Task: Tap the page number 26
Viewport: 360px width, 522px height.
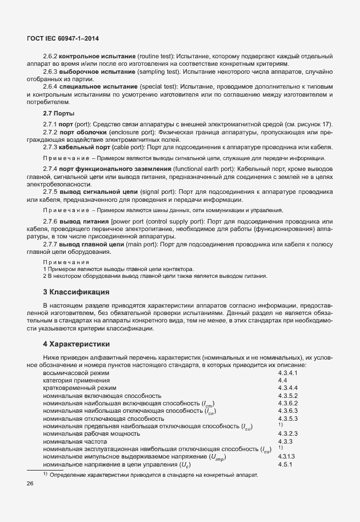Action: click(x=30, y=484)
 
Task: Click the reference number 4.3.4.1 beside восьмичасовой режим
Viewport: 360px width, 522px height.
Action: click(x=287, y=373)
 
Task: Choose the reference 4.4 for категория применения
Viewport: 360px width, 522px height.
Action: click(x=282, y=380)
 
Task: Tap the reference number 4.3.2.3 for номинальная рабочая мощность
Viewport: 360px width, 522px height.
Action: click(x=287, y=434)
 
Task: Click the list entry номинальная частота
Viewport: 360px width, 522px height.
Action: click(x=75, y=442)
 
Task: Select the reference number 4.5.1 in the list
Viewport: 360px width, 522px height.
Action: click(x=285, y=465)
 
